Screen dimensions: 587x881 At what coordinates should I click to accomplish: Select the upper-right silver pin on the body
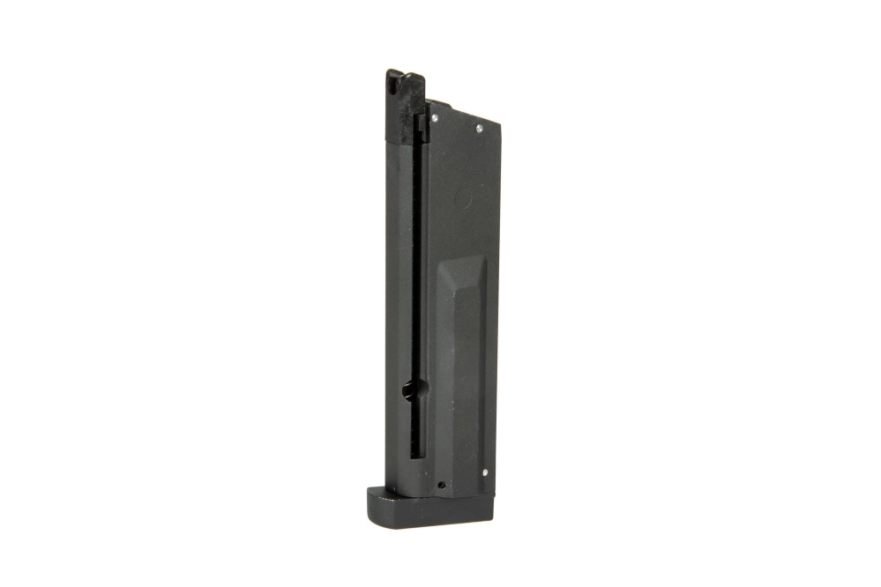pos(479,129)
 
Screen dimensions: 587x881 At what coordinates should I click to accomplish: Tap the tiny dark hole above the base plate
pos(441,484)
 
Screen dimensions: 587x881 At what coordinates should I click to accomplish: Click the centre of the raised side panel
pos(463,370)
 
